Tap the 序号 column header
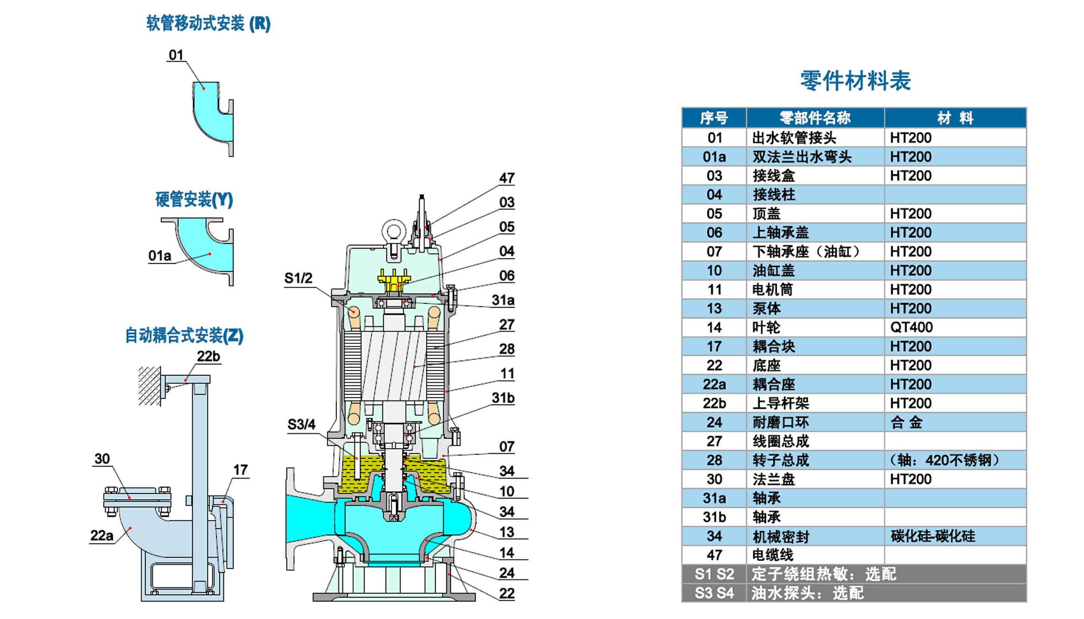click(714, 118)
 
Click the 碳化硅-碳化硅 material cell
click(933, 536)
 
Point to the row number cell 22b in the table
click(714, 403)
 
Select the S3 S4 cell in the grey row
click(714, 593)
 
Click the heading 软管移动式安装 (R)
click(208, 23)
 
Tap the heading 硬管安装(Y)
click(194, 199)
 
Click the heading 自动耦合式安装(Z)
click(184, 335)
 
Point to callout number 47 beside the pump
click(507, 178)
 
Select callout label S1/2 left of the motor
click(298, 278)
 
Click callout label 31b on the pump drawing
click(503, 398)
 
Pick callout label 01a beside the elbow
click(159, 256)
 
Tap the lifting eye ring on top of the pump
click(393, 231)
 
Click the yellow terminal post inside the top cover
click(394, 279)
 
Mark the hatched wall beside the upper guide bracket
click(150, 386)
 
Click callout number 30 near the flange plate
click(102, 459)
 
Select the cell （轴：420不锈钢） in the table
click(944, 460)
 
